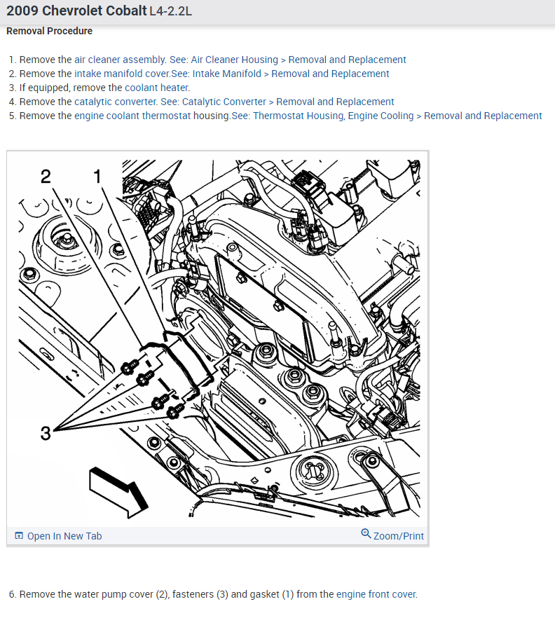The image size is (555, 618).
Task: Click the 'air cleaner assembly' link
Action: tap(119, 60)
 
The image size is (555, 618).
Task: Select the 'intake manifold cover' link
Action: tap(122, 74)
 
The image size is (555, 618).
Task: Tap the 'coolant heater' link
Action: tap(156, 88)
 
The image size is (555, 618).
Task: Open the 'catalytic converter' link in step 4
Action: tap(116, 102)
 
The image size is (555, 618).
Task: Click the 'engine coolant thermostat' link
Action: tap(132, 116)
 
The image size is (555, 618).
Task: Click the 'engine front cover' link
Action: tap(376, 594)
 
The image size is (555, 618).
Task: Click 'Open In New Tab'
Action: tap(64, 536)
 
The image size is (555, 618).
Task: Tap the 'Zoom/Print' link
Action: tap(399, 536)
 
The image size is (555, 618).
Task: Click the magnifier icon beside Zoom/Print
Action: tap(366, 534)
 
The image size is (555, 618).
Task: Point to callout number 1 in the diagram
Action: tap(97, 176)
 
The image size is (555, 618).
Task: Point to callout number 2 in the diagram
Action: tap(46, 176)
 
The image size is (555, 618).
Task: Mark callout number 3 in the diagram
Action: tap(46, 433)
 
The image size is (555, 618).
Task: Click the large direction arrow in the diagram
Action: tap(118, 491)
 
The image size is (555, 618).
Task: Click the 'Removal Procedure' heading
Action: tap(49, 31)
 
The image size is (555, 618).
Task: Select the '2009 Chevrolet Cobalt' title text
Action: tap(76, 11)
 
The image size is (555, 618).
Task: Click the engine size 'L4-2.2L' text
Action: tap(171, 11)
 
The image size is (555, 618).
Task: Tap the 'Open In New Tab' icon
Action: tap(19, 535)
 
